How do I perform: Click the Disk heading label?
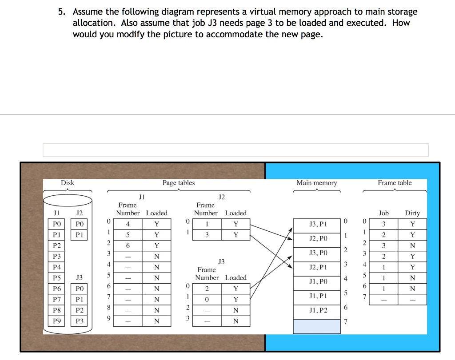pos(68,183)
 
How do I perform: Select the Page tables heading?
pos(179,183)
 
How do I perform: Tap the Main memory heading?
pos(316,183)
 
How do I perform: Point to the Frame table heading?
pos(395,183)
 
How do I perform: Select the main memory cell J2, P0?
pos(317,238)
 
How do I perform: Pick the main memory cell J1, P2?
pos(317,310)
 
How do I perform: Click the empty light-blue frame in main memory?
pos(317,326)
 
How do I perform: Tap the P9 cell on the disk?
pos(57,321)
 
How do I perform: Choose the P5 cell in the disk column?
pos(57,278)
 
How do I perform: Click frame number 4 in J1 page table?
pos(128,224)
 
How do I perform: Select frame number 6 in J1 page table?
pos(128,245)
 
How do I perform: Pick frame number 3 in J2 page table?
pos(207,235)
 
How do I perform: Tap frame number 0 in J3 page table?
pos(207,300)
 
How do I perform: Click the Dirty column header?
pos(412,213)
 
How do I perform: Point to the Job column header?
pos(383,213)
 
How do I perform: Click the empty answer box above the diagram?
pos(235,150)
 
